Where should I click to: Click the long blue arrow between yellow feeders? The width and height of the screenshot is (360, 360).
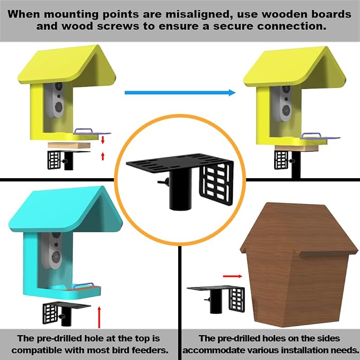[180, 93]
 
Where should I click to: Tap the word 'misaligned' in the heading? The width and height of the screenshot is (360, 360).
[197, 14]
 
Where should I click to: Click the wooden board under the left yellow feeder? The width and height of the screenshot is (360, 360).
[69, 145]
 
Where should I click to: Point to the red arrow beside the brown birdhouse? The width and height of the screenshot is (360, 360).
[232, 276]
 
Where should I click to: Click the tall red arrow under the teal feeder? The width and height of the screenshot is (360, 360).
[99, 317]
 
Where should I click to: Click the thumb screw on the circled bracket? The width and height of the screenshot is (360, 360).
[163, 182]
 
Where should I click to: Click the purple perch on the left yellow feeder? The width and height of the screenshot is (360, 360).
[92, 131]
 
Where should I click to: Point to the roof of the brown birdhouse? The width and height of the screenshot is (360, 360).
[298, 230]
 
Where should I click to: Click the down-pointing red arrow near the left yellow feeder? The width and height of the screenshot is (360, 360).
[103, 140]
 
